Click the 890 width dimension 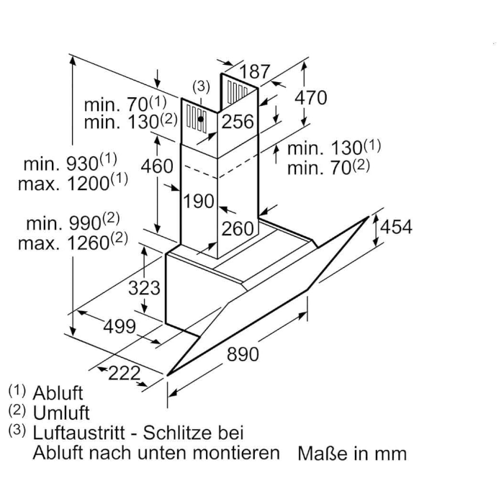[243, 354]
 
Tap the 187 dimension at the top [255, 71]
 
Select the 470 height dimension [311, 97]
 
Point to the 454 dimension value [396, 227]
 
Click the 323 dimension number [144, 288]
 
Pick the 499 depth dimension [120, 327]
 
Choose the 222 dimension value [125, 373]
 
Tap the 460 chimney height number [157, 166]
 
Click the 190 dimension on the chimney [198, 201]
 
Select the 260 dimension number [238, 229]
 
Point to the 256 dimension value [238, 122]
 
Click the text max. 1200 [73, 183]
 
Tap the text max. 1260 [73, 242]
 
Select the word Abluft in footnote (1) [58, 393]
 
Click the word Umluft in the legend [61, 413]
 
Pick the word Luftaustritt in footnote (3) [78, 433]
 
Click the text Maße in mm [352, 454]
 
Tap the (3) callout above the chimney [201, 86]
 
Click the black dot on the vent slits [201, 119]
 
